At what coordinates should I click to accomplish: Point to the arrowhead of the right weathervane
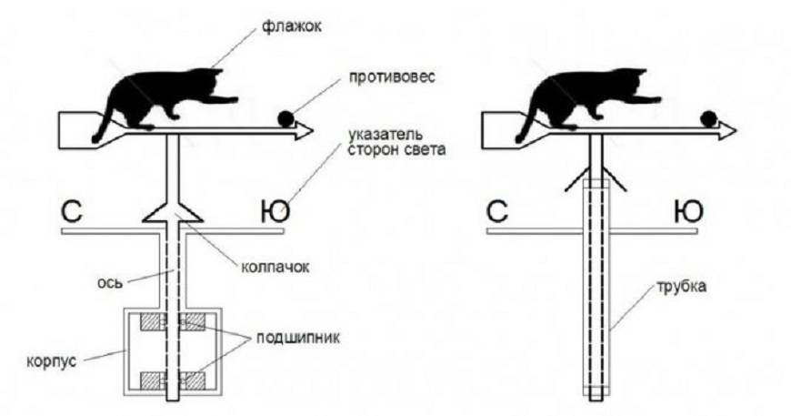click(727, 132)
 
